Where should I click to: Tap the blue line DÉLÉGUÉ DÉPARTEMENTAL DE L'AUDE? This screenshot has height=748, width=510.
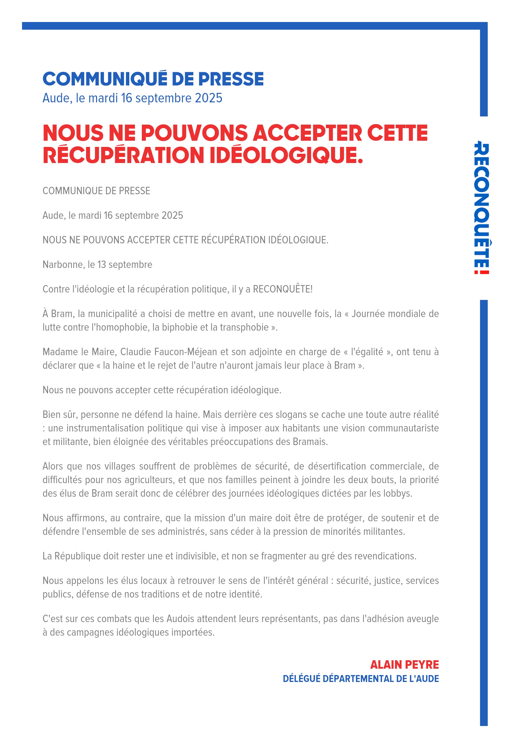click(x=360, y=679)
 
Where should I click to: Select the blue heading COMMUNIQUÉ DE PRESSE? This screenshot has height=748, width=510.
click(x=153, y=79)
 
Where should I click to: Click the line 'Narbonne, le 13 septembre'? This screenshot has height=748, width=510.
click(x=97, y=265)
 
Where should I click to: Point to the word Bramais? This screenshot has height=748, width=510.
click(x=310, y=442)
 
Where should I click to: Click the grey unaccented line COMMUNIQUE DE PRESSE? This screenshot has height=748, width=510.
click(x=96, y=191)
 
